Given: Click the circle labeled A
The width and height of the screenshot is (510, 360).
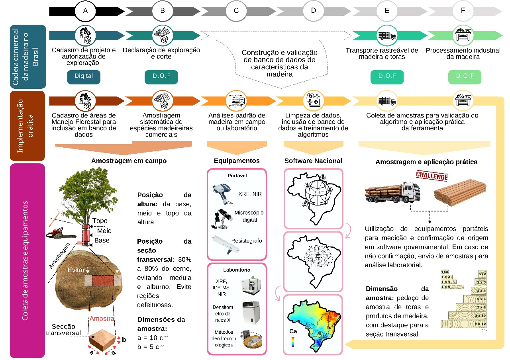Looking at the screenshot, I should click(x=85, y=11).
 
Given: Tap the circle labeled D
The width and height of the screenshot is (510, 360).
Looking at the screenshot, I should click(x=313, y=11).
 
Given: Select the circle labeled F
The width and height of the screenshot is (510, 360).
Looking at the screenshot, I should click(x=463, y=11).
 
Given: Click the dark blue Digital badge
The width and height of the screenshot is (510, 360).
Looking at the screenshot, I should click(x=84, y=76).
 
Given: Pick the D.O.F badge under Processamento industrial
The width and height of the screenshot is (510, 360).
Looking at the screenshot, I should click(x=463, y=76).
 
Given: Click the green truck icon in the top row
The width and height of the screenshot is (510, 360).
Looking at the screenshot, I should click(x=386, y=35).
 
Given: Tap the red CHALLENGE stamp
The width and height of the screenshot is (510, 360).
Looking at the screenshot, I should click(x=432, y=176).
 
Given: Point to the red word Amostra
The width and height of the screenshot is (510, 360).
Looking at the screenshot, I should click(x=102, y=319).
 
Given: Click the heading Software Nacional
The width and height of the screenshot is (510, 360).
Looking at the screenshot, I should click(x=313, y=161).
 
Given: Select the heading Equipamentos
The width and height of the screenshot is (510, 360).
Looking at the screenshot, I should click(x=236, y=161).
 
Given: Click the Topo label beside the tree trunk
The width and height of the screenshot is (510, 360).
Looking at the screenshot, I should click(x=100, y=221).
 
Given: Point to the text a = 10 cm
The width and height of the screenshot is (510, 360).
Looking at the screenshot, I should click(x=153, y=338).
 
